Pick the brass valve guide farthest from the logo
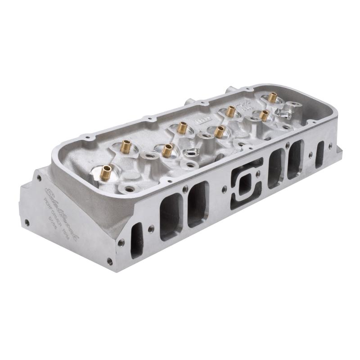pyautogui.click(x=272, y=97)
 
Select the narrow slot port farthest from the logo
pyautogui.click(x=320, y=154)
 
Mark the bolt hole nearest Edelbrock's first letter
pyautogui.click(x=39, y=179)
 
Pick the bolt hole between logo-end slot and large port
pyautogui.click(x=151, y=228)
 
